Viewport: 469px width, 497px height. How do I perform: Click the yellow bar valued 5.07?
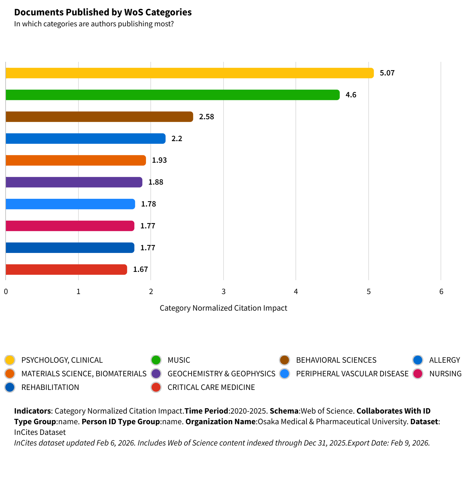189,73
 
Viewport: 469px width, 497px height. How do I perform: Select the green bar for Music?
172,95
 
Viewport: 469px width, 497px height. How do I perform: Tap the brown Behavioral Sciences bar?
99,117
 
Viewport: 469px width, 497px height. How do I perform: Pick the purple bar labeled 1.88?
74,182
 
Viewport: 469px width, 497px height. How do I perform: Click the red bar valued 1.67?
66,270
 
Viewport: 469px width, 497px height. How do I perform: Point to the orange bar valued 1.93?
76,160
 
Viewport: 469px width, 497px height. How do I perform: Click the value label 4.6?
351,95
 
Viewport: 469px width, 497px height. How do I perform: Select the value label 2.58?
206,117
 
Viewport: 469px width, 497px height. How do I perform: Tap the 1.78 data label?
148,204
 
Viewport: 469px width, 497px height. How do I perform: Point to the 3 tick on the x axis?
224,292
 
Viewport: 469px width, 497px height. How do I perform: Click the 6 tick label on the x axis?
441,292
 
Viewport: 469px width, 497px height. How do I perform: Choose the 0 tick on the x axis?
6,292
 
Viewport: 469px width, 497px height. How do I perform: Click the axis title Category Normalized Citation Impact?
223,308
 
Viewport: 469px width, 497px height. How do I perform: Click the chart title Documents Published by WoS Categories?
103,12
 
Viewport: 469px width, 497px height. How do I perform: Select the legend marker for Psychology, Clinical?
10,360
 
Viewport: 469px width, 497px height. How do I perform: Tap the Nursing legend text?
445,374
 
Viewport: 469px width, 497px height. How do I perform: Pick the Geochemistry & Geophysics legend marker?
156,374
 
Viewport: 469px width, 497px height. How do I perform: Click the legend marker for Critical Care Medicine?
156,387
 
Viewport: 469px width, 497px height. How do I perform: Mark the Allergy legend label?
444,360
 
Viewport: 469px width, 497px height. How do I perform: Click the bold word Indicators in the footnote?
33,411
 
